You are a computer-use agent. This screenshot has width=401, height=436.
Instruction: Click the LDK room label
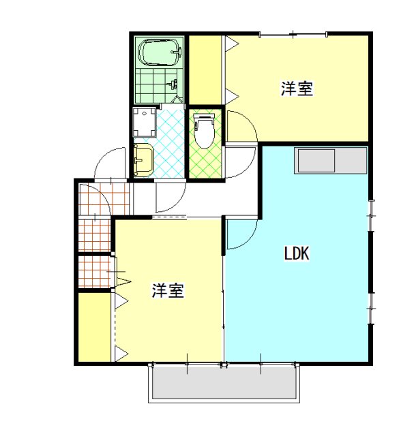[297, 253]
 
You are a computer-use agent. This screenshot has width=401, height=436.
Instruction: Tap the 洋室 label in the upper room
[297, 89]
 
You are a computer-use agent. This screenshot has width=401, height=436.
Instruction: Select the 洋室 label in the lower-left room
[168, 291]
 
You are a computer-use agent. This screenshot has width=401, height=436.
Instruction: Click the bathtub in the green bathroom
[160, 52]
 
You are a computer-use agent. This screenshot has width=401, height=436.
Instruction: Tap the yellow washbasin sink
[143, 160]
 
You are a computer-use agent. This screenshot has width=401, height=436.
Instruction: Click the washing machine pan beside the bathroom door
[144, 123]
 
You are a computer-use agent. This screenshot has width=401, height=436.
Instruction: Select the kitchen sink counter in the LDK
[331, 160]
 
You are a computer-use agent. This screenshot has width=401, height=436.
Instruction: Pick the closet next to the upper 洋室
[205, 70]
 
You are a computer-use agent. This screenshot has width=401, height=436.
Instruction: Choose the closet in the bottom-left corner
[95, 327]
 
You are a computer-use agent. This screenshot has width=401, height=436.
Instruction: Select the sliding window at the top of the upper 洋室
[293, 35]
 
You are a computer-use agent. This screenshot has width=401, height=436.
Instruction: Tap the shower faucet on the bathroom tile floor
[174, 83]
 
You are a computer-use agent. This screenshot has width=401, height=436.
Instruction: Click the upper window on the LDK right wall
[371, 215]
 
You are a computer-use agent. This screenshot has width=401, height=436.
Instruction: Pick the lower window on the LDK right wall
[371, 308]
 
